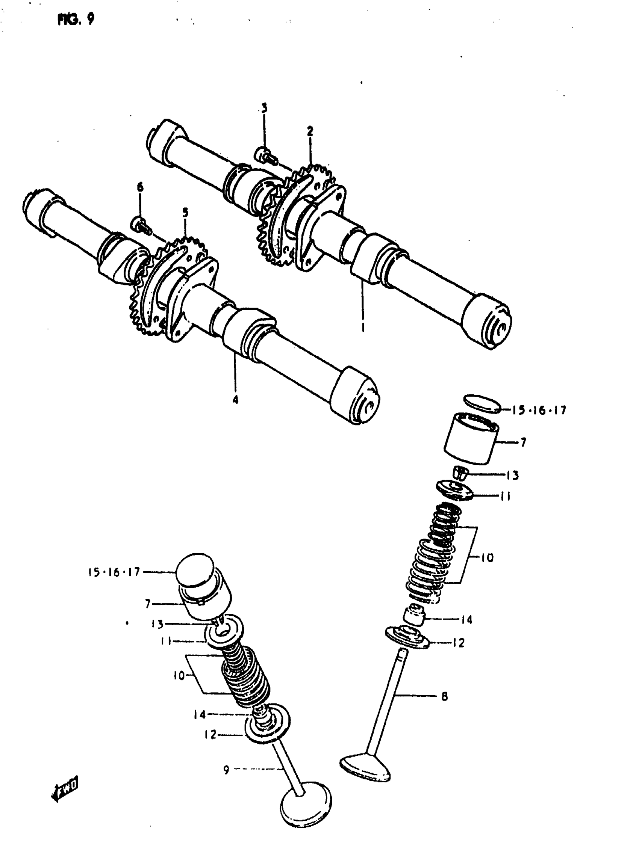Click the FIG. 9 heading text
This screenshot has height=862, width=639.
point(76,19)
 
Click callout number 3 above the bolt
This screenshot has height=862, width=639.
point(265,108)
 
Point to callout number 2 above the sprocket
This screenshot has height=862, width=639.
point(310,131)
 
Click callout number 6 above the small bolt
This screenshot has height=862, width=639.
point(140,187)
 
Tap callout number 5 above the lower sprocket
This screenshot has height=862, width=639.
point(185,212)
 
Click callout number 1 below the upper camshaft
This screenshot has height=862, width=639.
point(363,328)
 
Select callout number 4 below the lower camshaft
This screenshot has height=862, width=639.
point(235,399)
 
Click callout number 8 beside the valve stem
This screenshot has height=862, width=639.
point(445,697)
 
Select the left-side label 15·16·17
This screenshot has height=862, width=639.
point(114,572)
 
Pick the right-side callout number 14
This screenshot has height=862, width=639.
point(467,620)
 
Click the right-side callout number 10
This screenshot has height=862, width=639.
point(487,558)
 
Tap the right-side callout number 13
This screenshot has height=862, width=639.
point(512,476)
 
